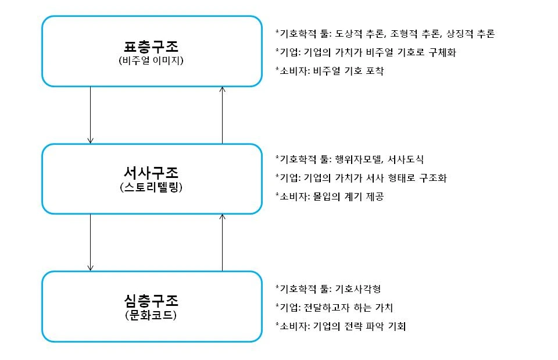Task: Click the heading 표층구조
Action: coord(151,46)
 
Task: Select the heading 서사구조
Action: coord(151,173)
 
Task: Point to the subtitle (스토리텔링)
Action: coord(151,187)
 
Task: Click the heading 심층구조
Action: coord(151,301)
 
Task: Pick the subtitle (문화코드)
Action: coord(151,315)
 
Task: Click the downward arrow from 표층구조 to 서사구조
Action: coord(90,115)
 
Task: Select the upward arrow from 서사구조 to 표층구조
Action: coord(222,115)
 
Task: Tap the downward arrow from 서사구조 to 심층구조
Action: coord(90,242)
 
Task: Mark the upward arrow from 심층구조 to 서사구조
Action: coord(222,242)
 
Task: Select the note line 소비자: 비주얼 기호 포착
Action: coord(330,71)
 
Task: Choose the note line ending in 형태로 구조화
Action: coord(362,178)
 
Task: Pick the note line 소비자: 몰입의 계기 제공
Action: coord(330,197)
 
